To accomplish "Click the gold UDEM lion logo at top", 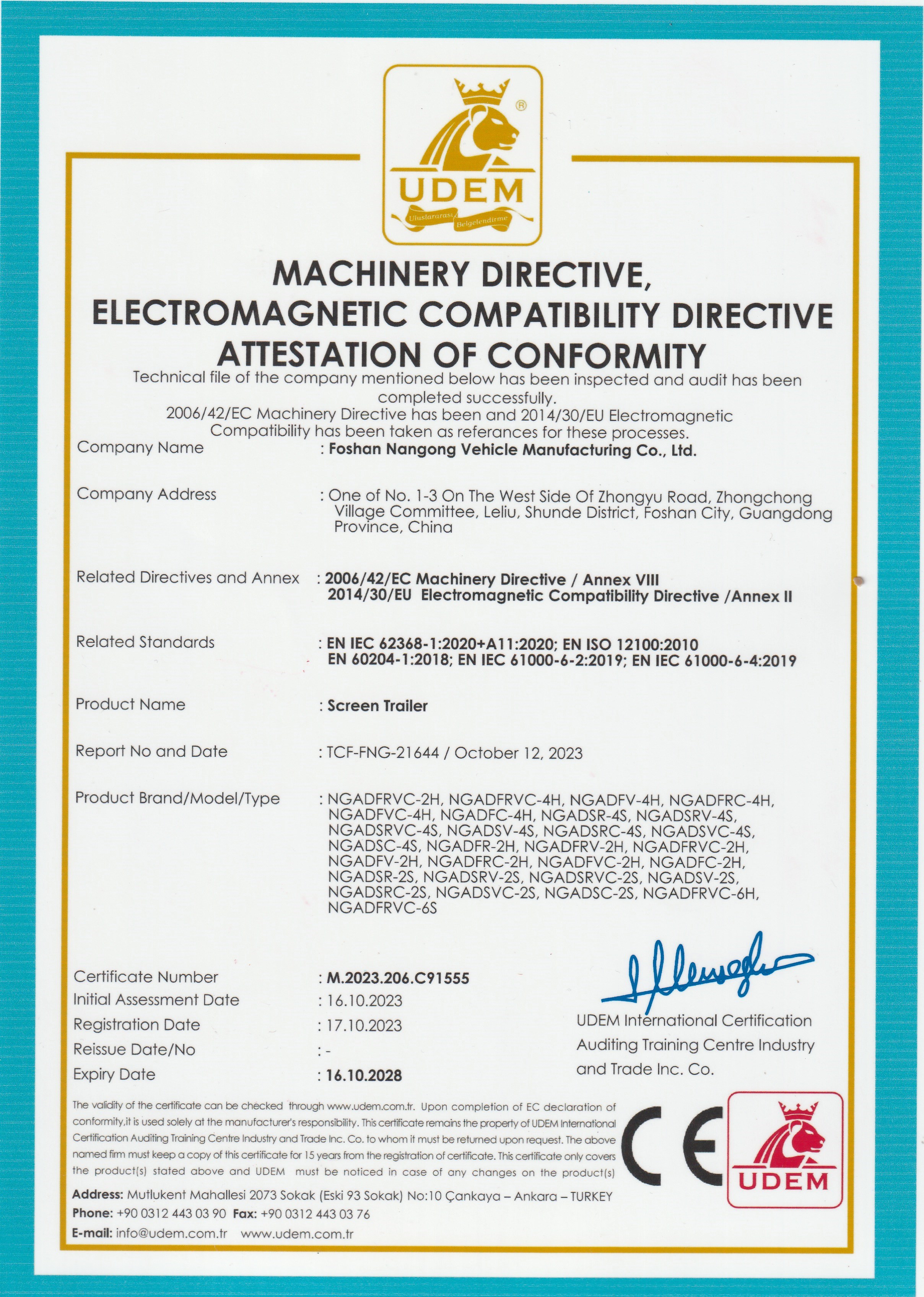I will click(462, 155).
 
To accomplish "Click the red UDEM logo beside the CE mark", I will click(785, 1149).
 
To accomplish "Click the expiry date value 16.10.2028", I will click(364, 1076).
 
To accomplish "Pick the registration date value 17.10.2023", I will click(364, 1026).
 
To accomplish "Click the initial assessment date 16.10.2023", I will click(364, 1001).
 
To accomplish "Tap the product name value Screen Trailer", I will click(377, 706).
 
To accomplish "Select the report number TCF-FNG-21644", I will click(383, 753).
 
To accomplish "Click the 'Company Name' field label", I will click(140, 448).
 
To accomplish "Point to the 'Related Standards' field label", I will click(145, 642).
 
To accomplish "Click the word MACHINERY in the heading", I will click(373, 274).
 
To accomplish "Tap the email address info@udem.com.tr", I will click(171, 1234).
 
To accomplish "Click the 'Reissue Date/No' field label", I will click(134, 1050).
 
